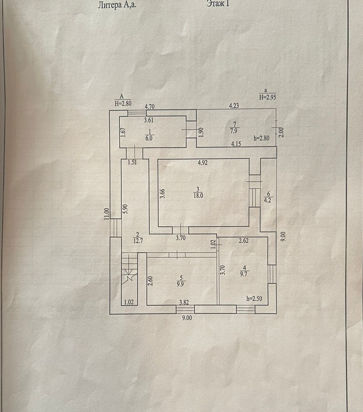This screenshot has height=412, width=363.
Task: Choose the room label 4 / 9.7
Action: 244,270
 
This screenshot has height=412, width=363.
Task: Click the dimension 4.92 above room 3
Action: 204,162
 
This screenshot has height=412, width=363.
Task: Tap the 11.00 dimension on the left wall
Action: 107,213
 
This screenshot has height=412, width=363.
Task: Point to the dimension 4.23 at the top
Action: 234,106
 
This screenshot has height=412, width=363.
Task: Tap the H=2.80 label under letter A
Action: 122,103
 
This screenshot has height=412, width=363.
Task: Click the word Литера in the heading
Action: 109,5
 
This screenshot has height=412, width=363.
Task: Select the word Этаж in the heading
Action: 215,4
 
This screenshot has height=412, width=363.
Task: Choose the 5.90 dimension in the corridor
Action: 126,208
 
